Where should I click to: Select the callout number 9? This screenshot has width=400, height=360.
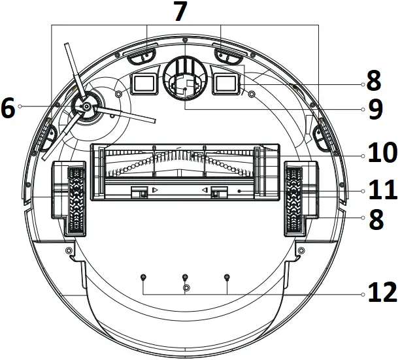(x=375, y=109)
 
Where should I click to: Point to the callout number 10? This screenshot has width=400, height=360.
(x=382, y=154)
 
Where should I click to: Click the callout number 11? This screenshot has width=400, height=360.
(x=382, y=191)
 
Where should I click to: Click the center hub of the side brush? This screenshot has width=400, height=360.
(x=86, y=106)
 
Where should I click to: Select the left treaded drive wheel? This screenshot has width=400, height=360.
(x=76, y=199)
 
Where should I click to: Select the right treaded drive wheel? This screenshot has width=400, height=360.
(x=293, y=199)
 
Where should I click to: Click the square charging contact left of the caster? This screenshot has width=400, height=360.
(x=144, y=83)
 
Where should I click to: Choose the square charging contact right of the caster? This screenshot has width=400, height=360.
(x=226, y=83)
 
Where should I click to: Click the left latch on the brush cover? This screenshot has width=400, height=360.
(x=139, y=191)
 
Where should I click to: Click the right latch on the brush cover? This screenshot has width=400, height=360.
(x=220, y=191)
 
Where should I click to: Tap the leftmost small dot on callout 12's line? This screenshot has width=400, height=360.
(x=143, y=278)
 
